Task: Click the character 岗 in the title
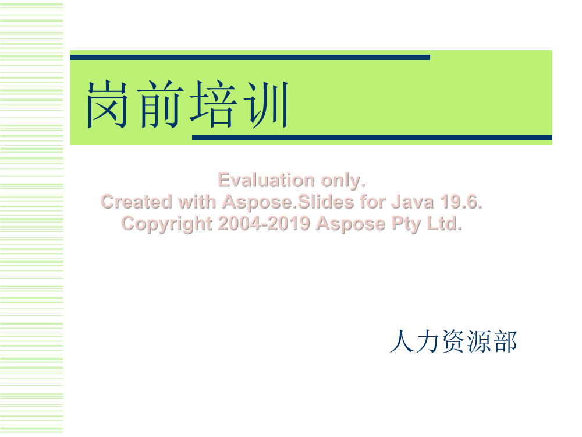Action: (107, 104)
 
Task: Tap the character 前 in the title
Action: (161, 104)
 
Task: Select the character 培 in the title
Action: (214, 104)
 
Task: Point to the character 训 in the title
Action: (266, 104)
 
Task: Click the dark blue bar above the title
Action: (250, 58)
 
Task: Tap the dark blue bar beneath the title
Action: (372, 138)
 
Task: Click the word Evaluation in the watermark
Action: (267, 180)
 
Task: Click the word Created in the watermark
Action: (137, 202)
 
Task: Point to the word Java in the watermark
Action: (413, 202)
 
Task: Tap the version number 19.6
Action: (461, 202)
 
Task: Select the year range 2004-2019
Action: (264, 223)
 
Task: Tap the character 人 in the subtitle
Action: (402, 341)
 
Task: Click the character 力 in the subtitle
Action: (428, 341)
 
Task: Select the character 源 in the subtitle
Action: (480, 341)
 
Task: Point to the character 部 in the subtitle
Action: (505, 341)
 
